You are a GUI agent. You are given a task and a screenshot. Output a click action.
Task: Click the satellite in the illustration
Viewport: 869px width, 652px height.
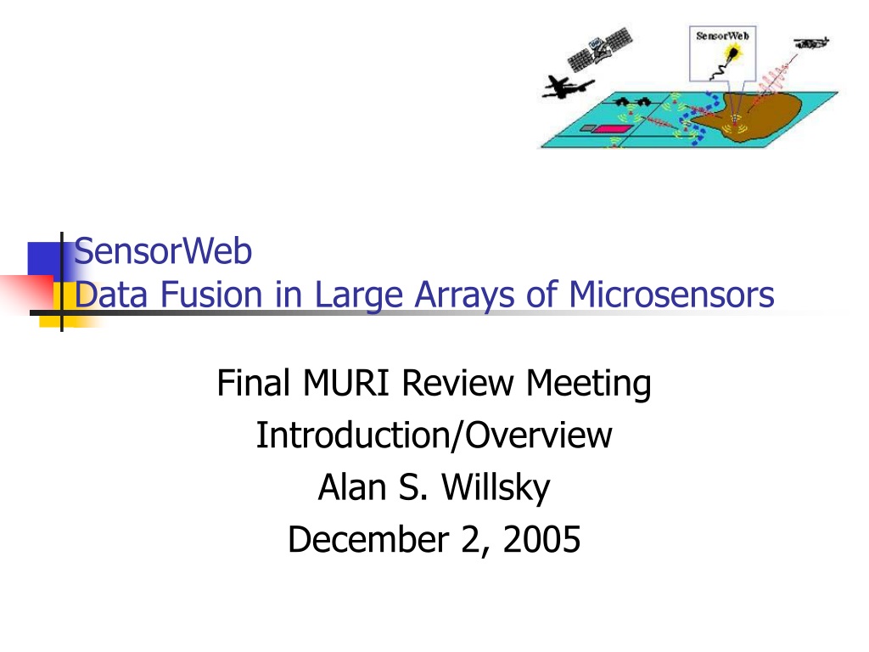(x=600, y=49)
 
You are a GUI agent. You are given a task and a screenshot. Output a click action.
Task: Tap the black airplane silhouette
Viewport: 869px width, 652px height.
(x=566, y=87)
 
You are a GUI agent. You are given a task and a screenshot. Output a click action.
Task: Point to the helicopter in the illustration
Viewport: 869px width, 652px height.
(x=810, y=42)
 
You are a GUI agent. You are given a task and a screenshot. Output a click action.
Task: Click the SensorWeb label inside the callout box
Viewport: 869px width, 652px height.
(x=722, y=36)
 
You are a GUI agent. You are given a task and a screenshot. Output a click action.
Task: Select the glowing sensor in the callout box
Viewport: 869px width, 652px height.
(x=732, y=53)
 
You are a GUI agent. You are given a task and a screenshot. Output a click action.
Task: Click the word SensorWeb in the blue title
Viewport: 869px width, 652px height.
(x=163, y=250)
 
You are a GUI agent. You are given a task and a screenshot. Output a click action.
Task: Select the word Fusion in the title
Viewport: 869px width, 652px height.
(x=211, y=294)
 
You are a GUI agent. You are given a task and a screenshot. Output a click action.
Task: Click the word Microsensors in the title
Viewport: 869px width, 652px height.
(x=671, y=294)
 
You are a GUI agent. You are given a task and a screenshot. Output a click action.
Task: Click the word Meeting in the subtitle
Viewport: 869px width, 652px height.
(x=589, y=384)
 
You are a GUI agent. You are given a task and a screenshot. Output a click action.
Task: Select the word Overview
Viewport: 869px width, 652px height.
(x=538, y=435)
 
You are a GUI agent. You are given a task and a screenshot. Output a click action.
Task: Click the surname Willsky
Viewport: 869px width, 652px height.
(x=496, y=488)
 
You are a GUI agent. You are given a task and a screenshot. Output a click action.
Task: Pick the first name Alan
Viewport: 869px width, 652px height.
(x=352, y=487)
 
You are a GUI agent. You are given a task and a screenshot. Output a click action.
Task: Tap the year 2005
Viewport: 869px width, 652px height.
(x=541, y=539)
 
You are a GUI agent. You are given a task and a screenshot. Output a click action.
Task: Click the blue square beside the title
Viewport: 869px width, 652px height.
(x=44, y=259)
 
